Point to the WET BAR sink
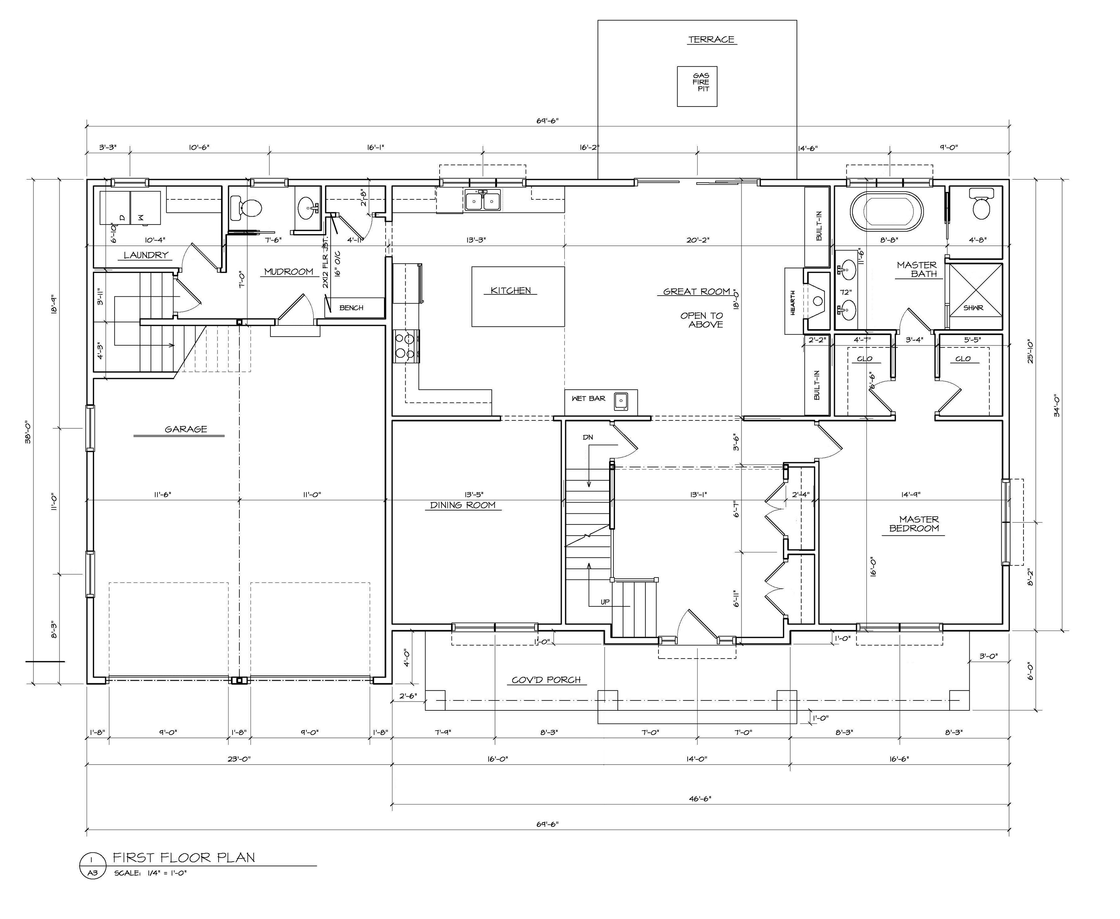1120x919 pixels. tap(620, 401)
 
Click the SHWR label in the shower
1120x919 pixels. tap(973, 308)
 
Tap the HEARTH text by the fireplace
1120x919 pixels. tap(793, 303)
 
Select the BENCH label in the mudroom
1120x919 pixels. tap(351, 308)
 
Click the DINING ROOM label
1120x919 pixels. tap(463, 505)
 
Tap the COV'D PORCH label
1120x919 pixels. tap(546, 680)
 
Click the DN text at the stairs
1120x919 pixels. tap(588, 437)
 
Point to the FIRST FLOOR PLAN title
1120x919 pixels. tap(183, 858)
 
